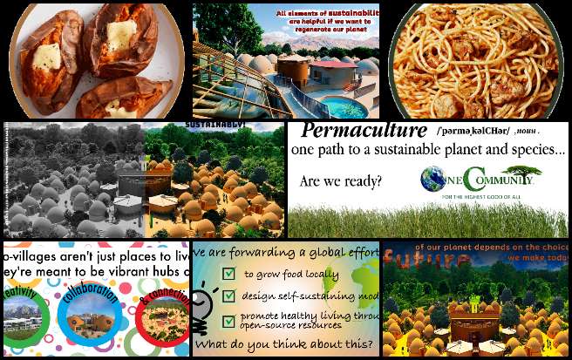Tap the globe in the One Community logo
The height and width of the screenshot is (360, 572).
pos(433,180)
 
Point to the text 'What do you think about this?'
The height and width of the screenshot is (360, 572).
pos(284,345)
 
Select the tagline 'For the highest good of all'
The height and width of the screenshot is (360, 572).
pos(478,197)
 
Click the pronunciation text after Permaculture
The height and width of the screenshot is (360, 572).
pos(476,131)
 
